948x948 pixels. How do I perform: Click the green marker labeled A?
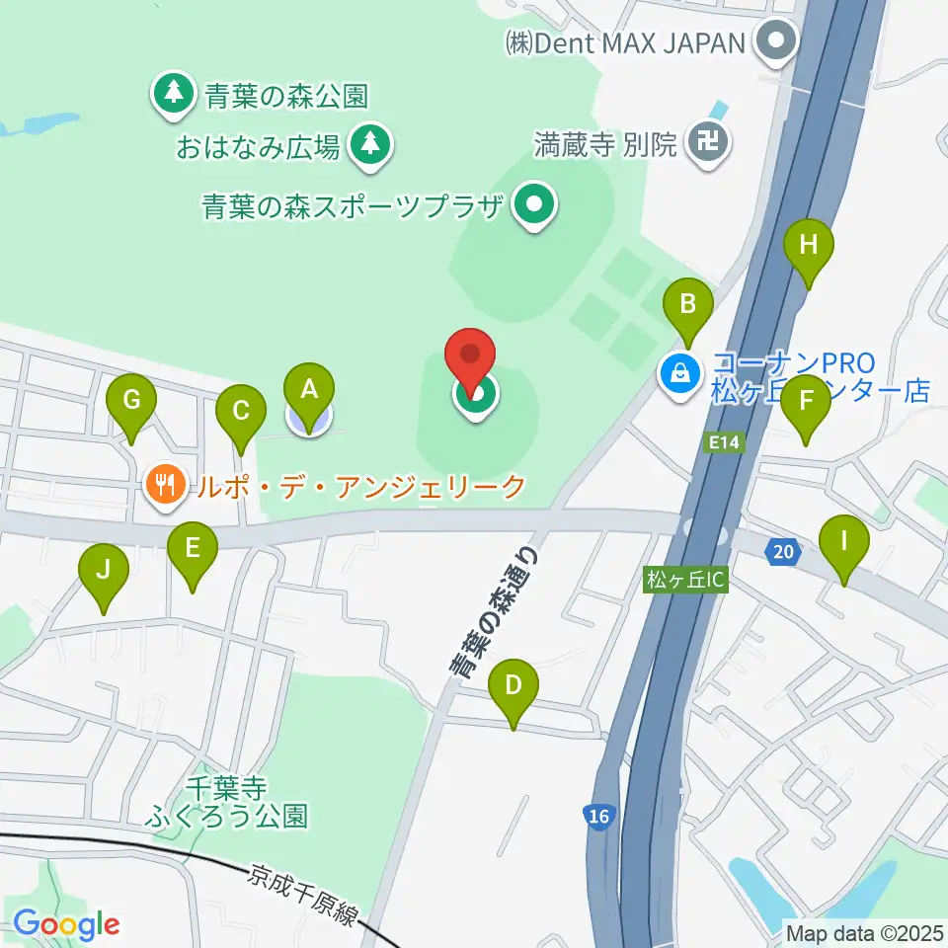coord(309,389)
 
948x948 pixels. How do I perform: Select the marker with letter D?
coord(513,685)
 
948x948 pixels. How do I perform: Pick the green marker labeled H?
coord(809,244)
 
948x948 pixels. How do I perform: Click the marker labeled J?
coord(103,570)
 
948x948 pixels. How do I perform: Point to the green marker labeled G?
coord(131,401)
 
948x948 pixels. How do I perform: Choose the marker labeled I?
coord(844,541)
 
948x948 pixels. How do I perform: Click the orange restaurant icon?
coord(164,485)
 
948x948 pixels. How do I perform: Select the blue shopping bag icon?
coord(681,373)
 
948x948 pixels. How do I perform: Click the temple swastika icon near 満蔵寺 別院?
coord(709,143)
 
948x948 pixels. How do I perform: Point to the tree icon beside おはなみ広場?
coord(370,145)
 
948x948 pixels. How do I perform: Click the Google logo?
coord(66,924)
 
